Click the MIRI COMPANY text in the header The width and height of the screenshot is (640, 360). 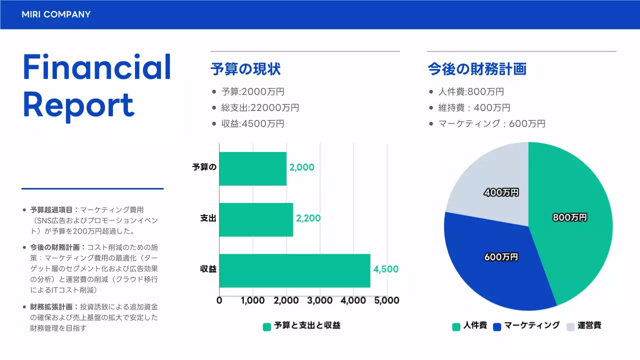pos(56,14)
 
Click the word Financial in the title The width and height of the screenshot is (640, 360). pos(97,67)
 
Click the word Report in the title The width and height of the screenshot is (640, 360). pos(78,105)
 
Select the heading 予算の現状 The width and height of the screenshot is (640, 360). pos(245,69)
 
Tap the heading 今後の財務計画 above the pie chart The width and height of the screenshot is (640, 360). pos(476,69)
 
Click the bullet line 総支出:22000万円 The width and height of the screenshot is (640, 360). pos(260,107)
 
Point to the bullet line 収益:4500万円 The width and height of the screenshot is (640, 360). pos(252,123)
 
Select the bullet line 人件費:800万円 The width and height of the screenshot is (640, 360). pos(470,91)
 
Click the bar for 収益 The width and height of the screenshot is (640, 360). pos(294,270)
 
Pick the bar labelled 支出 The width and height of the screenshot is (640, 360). pos(256,219)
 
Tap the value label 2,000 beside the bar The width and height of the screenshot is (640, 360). pos(301,167)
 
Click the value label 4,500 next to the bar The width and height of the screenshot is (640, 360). pos(385,269)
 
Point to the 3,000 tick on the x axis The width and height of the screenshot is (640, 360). pos(320,300)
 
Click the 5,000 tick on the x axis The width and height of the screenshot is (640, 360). pos(386,300)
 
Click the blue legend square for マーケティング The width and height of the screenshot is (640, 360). pos(497,326)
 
